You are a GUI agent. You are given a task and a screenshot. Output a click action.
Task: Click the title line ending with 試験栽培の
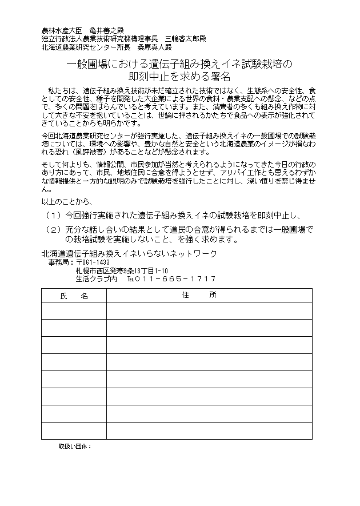tap(179, 64)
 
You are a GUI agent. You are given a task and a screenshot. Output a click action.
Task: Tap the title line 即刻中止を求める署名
tap(179, 76)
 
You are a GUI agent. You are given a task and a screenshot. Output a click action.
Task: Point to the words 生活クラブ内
tap(96, 279)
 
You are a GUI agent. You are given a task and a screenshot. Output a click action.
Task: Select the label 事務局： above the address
tap(61, 262)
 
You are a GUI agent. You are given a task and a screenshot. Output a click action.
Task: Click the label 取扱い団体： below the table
tap(75, 445)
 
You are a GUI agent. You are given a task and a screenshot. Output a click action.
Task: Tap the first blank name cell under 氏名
tap(74, 310)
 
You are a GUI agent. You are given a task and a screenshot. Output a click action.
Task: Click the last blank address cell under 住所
tap(209, 431)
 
